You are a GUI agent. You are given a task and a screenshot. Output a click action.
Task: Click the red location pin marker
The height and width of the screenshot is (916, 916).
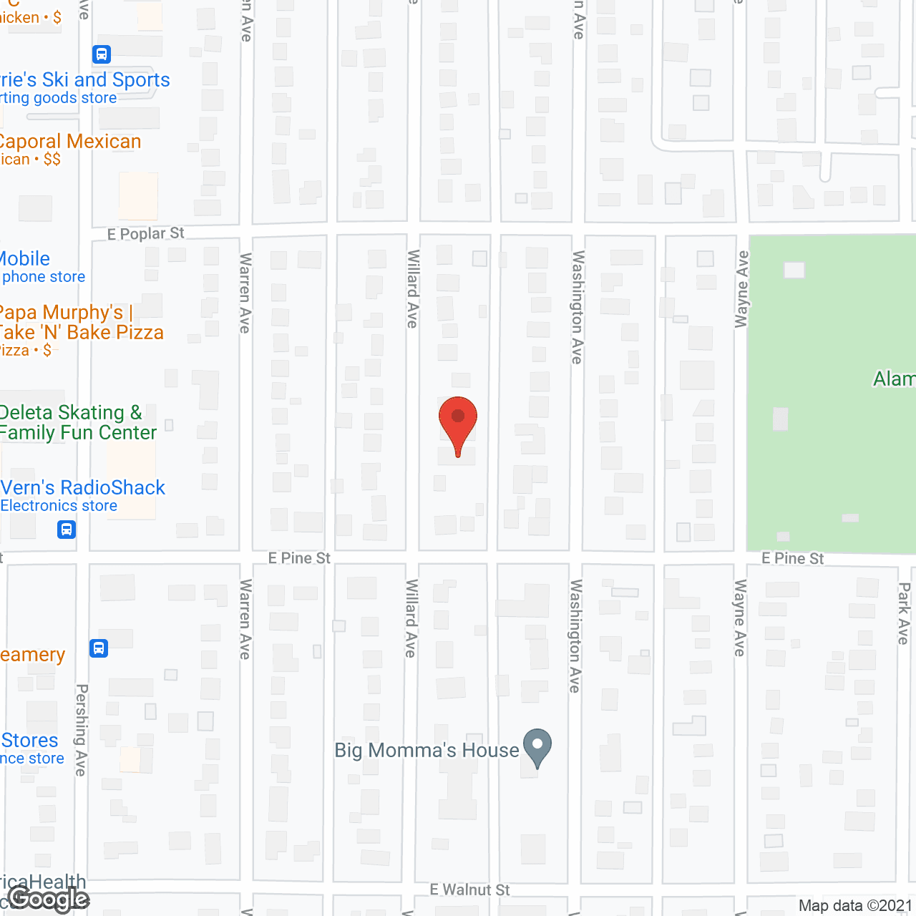tap(458, 419)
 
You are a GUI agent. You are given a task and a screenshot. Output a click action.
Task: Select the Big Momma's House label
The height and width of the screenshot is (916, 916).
tap(427, 750)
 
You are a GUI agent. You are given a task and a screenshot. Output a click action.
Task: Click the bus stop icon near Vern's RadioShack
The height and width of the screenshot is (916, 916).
tap(67, 530)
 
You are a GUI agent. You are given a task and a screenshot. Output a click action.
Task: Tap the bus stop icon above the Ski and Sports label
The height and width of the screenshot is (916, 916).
tap(102, 54)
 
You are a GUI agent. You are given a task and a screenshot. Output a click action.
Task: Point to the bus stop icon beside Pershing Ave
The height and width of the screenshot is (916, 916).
tap(99, 648)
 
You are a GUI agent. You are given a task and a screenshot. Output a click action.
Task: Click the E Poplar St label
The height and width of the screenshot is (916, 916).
tap(146, 234)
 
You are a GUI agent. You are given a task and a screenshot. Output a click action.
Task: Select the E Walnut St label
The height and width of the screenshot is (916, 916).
tap(469, 890)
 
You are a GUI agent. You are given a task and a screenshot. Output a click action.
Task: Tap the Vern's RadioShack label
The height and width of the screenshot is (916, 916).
tap(83, 488)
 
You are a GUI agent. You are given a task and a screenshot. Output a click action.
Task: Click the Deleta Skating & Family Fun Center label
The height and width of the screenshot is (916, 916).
tap(77, 422)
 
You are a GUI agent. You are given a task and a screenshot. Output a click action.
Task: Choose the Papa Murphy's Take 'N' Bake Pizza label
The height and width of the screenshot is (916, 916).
tap(80, 323)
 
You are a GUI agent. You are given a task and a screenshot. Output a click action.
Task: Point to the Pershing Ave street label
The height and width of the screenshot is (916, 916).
tap(82, 730)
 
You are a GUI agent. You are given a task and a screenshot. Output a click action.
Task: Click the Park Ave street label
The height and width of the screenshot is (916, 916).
tap(904, 613)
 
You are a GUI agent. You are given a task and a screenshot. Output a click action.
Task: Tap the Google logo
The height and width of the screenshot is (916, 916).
tap(49, 899)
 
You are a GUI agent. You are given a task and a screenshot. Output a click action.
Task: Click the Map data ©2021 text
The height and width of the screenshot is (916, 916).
tap(855, 905)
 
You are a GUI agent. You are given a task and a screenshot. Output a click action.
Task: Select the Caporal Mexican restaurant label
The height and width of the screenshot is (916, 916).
tap(70, 142)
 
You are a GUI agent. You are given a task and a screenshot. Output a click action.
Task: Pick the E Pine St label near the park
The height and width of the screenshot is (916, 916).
tap(792, 558)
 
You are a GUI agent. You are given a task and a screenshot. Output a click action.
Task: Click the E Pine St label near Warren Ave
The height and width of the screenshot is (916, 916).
tap(299, 557)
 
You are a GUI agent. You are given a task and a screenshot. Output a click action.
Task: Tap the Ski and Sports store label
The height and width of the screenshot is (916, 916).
tap(85, 80)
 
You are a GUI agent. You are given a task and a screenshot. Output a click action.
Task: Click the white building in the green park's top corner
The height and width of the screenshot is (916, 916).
tap(794, 270)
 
